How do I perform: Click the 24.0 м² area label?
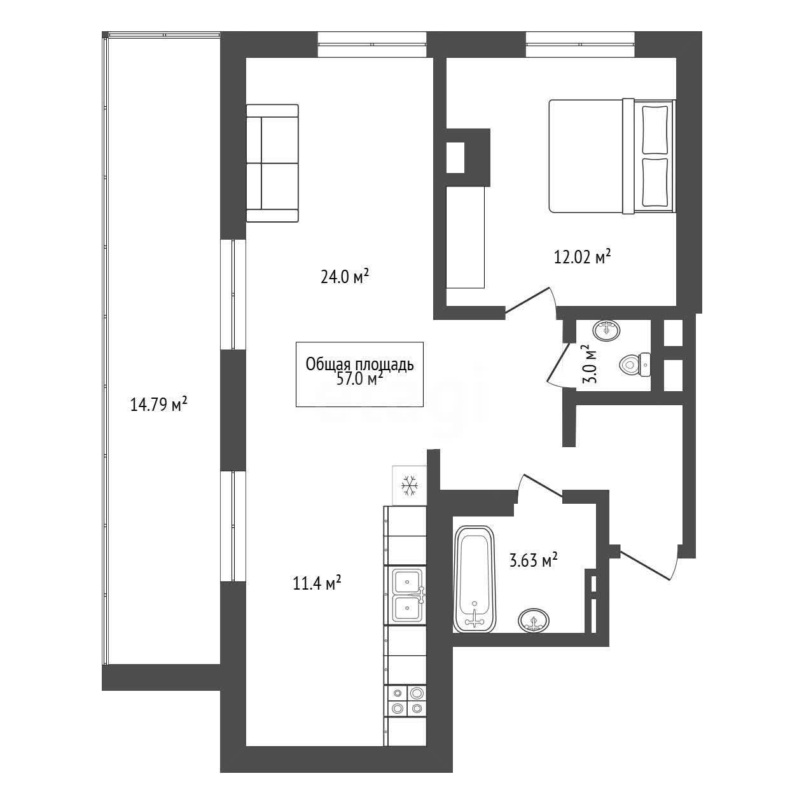(x=345, y=276)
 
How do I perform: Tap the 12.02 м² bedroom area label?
(x=582, y=256)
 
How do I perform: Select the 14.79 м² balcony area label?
(x=158, y=404)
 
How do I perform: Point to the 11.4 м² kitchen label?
(x=317, y=583)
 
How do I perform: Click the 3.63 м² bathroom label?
(x=534, y=560)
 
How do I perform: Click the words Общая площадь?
(x=359, y=364)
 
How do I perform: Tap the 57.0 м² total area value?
(x=359, y=379)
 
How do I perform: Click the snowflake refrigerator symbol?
(x=409, y=485)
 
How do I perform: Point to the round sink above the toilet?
(x=606, y=330)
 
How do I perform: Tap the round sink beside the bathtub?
(x=534, y=621)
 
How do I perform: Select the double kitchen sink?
(x=408, y=595)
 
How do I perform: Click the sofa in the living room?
(x=272, y=163)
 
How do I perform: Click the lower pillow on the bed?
(x=655, y=183)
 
